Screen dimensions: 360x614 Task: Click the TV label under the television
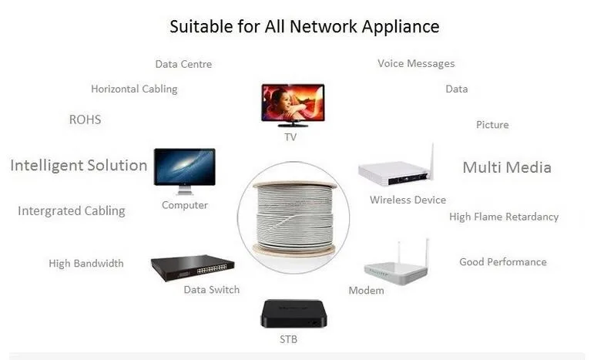[x=290, y=137]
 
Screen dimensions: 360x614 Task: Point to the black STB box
[x=289, y=313]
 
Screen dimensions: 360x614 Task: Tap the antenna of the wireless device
[x=432, y=159]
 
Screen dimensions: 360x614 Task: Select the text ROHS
[x=85, y=120]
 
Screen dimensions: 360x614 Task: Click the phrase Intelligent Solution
[x=79, y=165]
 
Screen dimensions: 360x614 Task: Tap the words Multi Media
[x=507, y=167]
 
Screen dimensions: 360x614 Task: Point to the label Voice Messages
[x=416, y=64]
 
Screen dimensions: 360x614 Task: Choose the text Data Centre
[x=183, y=65]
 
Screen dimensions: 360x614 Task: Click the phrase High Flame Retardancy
[x=504, y=217]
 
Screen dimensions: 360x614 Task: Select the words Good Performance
[x=503, y=262]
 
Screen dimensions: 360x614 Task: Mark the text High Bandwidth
[x=86, y=264]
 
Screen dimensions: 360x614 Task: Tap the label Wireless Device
[x=408, y=200]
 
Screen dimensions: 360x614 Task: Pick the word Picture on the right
[x=492, y=125]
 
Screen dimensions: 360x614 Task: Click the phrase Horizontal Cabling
[x=134, y=89]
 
